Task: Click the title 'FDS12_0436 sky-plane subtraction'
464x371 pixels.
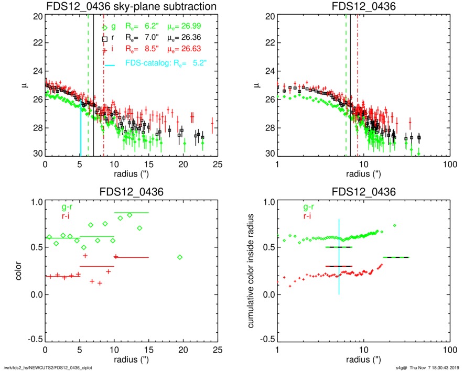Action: [x=131, y=6]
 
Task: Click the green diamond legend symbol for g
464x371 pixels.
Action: [x=105, y=27]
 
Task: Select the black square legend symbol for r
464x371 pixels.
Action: [x=105, y=39]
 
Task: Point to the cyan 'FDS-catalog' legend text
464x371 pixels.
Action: [x=148, y=62]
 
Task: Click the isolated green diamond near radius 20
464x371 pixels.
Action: [x=180, y=257]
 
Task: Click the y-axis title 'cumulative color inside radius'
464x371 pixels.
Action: [x=252, y=273]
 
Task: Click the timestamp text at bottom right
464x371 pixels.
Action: [x=428, y=367]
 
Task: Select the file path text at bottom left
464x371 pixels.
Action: [x=52, y=367]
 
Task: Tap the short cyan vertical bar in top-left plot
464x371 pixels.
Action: [x=80, y=131]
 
